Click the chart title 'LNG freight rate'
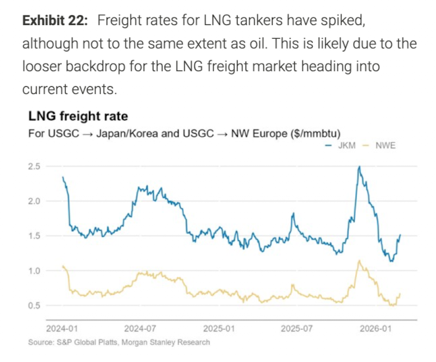pyautogui.click(x=78, y=118)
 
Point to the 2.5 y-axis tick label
pyautogui.click(x=34, y=167)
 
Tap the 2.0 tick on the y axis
pyautogui.click(x=34, y=201)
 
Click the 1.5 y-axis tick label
pyautogui.click(x=34, y=236)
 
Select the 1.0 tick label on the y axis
pyautogui.click(x=34, y=271)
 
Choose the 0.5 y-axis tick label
pyautogui.click(x=34, y=305)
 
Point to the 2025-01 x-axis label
pyautogui.click(x=218, y=327)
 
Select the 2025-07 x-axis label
pyautogui.click(x=296, y=327)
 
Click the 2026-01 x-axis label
pyautogui.click(x=373, y=327)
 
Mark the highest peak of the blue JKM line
pyautogui.click(x=358, y=167)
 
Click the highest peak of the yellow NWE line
pyautogui.click(x=359, y=261)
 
